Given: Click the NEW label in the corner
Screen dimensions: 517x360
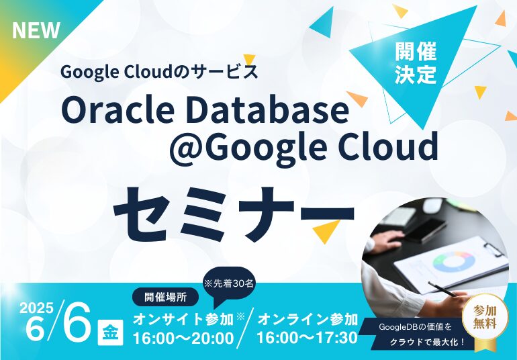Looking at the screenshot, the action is point(36,30).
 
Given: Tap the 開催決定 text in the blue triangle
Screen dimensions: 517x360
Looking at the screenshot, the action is point(416,62).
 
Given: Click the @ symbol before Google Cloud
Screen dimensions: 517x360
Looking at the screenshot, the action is point(185,148).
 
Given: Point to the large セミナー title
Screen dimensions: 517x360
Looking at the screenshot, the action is point(234,214).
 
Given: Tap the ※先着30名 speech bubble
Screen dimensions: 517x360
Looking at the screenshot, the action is point(230,284).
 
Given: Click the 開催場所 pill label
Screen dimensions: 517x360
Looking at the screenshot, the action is point(166,298).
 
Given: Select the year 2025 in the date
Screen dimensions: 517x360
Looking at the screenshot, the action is point(36,308).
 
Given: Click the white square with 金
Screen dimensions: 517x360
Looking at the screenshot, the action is point(111,332).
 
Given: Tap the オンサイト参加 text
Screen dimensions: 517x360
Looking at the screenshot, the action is point(183,320).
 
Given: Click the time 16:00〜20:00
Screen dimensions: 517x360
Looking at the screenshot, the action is point(183,339).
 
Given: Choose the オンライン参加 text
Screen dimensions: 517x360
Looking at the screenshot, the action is point(308,320).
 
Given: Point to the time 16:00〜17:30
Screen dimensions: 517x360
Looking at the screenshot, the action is point(308,338).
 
